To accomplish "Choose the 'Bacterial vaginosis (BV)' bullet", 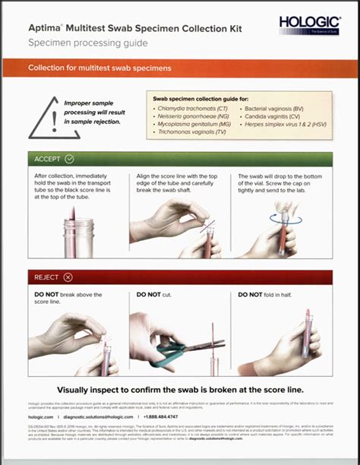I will [283, 110].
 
